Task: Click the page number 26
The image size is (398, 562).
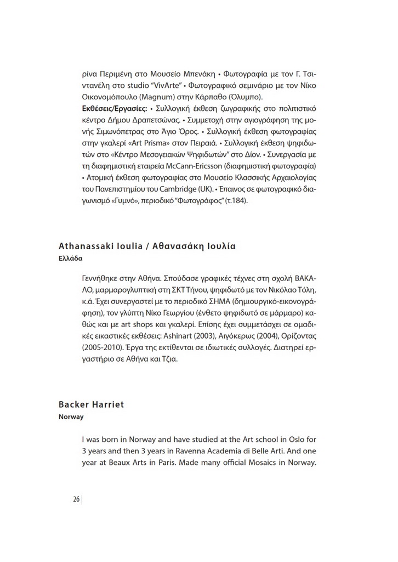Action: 76,499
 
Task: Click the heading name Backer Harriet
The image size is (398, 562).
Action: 92,404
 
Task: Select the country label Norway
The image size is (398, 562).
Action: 71,417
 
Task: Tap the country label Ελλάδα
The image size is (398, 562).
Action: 70,257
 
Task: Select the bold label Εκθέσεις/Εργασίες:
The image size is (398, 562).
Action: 113,108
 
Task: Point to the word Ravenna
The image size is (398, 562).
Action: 175,451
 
